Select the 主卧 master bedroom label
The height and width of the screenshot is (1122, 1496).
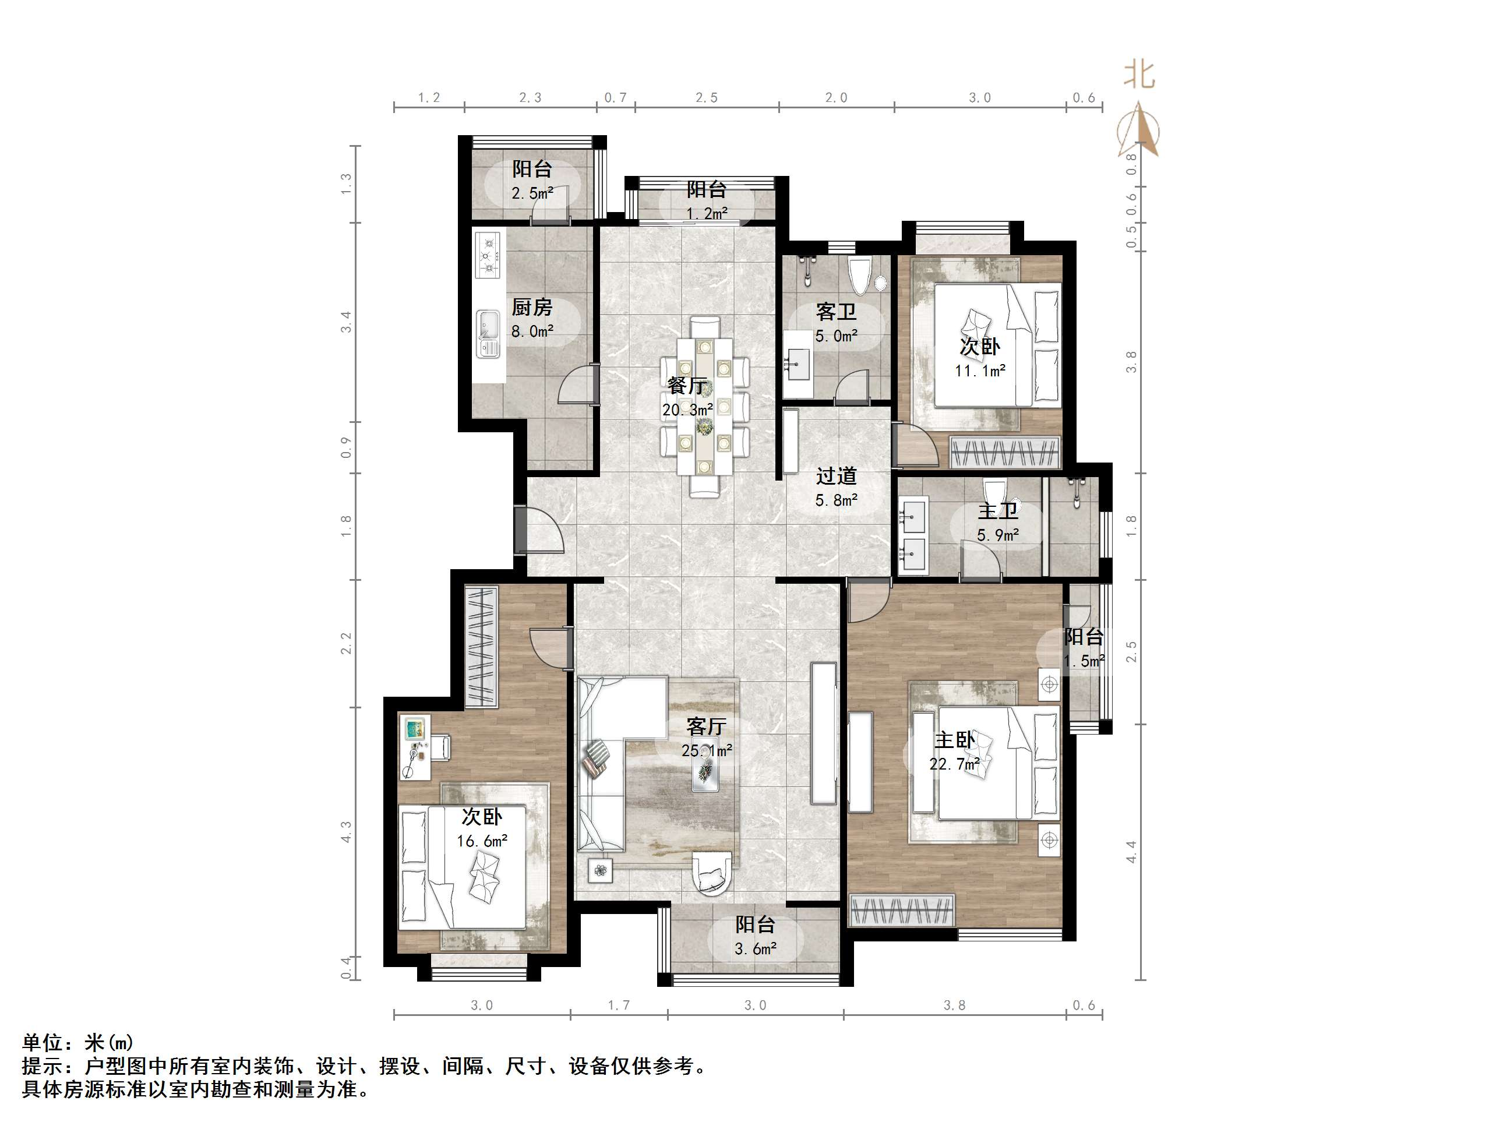[x=954, y=740]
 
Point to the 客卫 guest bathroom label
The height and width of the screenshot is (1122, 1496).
[x=836, y=312]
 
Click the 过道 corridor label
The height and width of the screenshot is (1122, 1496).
[x=836, y=476]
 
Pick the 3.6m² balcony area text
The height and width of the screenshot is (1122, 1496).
[x=755, y=949]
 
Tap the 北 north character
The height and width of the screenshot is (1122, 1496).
[x=1139, y=75]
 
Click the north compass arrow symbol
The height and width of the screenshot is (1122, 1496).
[x=1139, y=129]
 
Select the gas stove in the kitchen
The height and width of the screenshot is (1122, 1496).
[x=487, y=256]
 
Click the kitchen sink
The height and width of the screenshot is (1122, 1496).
[x=487, y=333]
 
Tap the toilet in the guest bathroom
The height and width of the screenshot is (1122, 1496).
[x=860, y=274]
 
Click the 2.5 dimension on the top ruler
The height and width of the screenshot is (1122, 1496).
[x=707, y=98]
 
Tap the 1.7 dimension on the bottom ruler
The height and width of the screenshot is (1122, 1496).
[x=618, y=1005]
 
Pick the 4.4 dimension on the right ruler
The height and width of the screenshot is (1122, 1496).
[x=1131, y=852]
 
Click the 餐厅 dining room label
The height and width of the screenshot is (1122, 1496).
[x=687, y=386]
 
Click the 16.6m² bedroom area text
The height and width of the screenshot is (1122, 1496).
[x=482, y=841]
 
